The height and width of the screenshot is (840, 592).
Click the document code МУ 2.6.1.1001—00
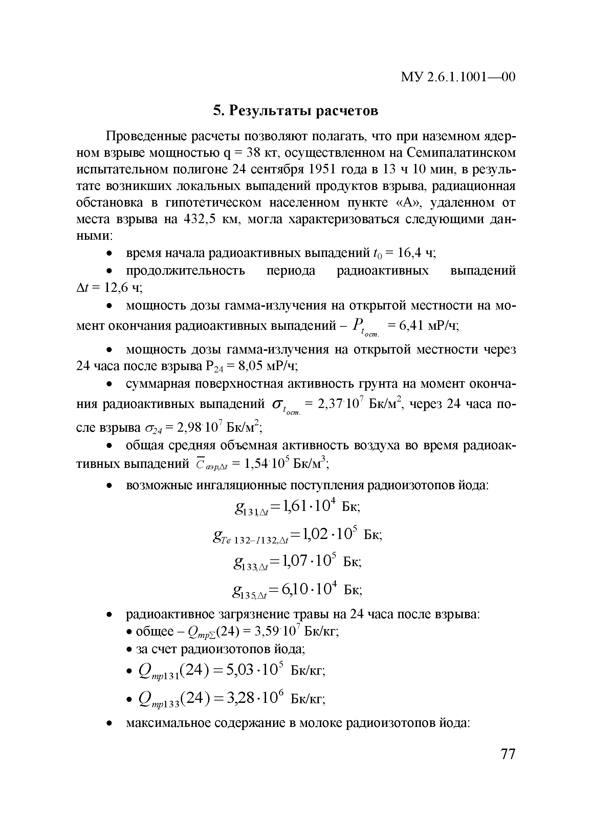(x=458, y=77)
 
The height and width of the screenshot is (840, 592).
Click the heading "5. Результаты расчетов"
(x=295, y=110)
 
